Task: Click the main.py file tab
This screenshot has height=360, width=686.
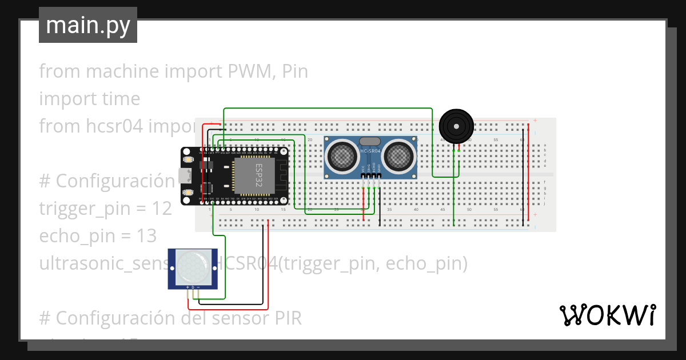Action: pos(87,25)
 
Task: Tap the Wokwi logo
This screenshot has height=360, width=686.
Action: pos(607,315)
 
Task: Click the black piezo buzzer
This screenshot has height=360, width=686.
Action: pos(456,126)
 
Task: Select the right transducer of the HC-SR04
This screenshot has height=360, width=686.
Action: pos(399,155)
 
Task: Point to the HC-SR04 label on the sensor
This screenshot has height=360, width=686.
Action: pos(370,151)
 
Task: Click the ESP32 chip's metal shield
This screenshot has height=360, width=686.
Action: pos(254,176)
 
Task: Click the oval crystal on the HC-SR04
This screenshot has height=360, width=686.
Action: pos(370,141)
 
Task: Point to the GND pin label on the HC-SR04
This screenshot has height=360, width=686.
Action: pos(379,170)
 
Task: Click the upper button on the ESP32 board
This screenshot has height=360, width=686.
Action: pos(189,163)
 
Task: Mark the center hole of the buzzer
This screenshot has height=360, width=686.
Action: pos(456,125)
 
